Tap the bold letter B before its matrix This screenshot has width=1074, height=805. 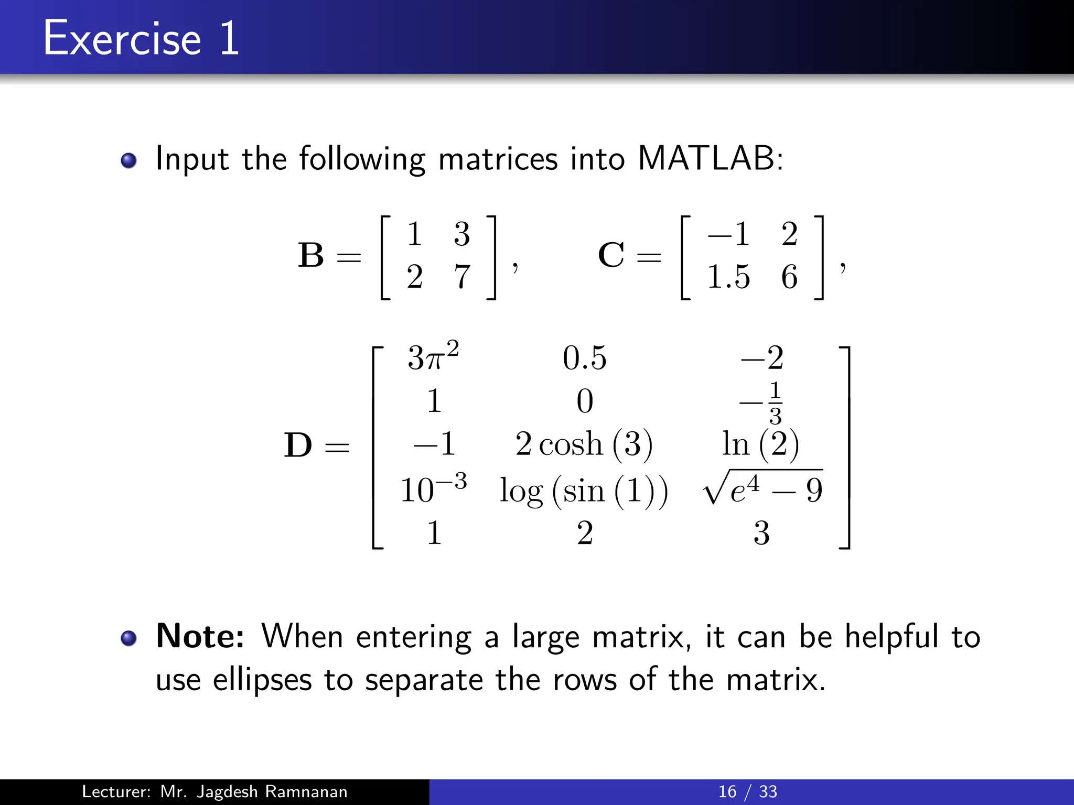(311, 255)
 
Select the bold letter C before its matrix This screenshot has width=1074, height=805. (611, 255)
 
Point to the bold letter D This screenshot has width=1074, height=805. (297, 445)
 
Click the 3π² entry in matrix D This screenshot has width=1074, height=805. (433, 357)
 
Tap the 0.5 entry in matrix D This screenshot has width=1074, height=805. (584, 358)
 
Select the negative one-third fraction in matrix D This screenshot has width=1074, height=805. (761, 402)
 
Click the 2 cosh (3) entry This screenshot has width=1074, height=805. (584, 444)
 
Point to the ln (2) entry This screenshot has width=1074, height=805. (760, 444)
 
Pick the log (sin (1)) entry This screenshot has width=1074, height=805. (584, 491)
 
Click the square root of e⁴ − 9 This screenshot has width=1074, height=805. (762, 488)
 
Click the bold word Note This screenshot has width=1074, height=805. (200, 636)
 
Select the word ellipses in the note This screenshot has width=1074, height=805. (262, 680)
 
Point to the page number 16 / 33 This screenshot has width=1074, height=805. (747, 791)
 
